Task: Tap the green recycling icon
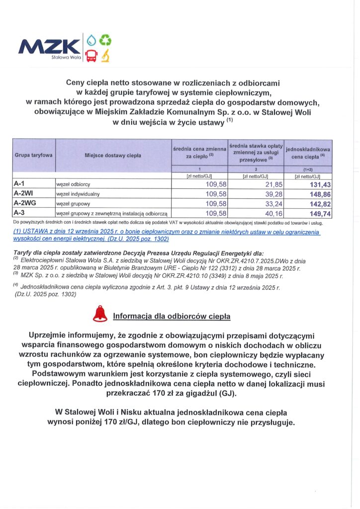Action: (x=105, y=40)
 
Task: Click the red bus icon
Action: (x=91, y=56)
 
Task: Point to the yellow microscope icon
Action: (x=105, y=56)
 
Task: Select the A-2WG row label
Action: (x=23, y=203)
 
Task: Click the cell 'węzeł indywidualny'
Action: (x=78, y=194)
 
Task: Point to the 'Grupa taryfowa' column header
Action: (x=33, y=156)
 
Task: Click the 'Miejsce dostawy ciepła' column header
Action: (x=113, y=156)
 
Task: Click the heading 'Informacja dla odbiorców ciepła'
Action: (x=172, y=316)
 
